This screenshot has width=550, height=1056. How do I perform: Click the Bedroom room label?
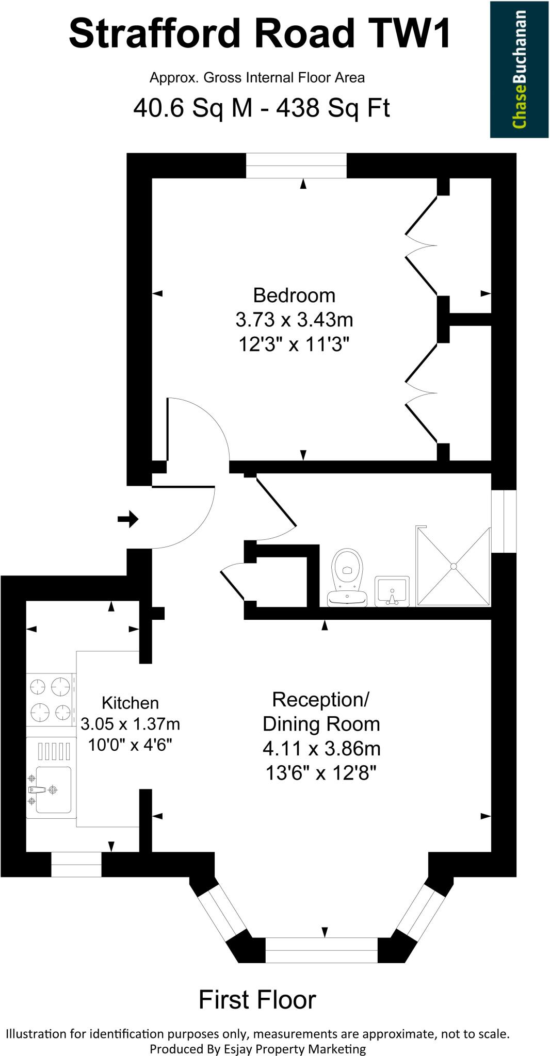click(294, 295)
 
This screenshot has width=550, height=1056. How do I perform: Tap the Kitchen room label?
click(130, 703)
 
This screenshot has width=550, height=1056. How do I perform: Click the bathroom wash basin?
click(392, 591)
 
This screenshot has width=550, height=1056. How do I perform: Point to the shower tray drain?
click(454, 566)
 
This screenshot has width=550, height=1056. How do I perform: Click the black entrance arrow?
click(128, 519)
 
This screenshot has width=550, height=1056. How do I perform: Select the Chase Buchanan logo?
click(519, 70)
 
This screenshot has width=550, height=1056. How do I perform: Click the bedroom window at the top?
click(296, 166)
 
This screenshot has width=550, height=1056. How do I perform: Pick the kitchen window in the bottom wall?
click(76, 865)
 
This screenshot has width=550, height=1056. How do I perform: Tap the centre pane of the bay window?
click(321, 950)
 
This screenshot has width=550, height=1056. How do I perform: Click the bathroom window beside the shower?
click(504, 521)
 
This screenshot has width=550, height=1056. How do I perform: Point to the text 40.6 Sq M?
click(193, 108)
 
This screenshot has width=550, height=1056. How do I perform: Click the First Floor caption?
click(257, 1000)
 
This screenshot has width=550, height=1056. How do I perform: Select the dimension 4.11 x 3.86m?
click(321, 748)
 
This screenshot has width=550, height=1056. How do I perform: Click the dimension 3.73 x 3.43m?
click(294, 320)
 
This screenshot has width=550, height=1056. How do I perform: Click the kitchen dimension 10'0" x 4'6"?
click(130, 745)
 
